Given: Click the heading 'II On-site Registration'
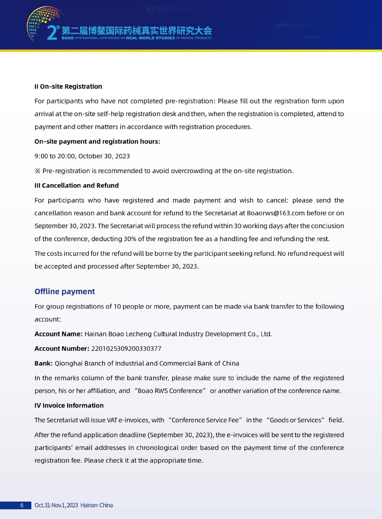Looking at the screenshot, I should [68, 86].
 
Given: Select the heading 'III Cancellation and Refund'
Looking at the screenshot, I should [76, 186].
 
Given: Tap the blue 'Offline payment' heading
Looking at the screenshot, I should [65, 291].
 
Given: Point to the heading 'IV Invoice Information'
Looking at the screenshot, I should [69, 406].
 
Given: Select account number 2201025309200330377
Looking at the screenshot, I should [126, 348].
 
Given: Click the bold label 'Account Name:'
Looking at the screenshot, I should [58, 334].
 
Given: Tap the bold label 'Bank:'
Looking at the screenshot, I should [43, 363].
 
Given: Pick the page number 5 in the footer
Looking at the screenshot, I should [22, 505].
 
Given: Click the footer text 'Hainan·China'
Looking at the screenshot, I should [97, 505].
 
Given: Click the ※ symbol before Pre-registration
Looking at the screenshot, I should [38, 171].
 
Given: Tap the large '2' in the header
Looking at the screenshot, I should [52, 33].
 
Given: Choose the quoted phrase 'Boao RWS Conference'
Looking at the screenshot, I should [170, 391].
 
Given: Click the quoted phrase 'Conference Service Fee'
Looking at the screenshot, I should [205, 420].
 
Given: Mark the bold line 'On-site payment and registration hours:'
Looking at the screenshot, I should [97, 142].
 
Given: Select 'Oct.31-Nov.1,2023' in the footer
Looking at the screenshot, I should [56, 505].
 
